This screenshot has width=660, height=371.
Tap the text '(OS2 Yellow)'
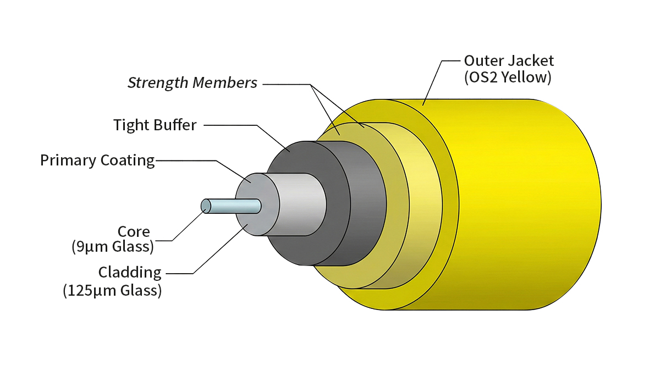[x=508, y=77]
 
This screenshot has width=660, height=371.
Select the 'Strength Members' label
[x=193, y=83]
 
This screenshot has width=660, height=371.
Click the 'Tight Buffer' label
[x=155, y=125]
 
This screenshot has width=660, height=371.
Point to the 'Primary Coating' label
[x=97, y=160]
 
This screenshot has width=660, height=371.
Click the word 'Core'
[x=134, y=231]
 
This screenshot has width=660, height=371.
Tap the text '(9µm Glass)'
[x=113, y=247]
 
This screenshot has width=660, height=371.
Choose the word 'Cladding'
[x=130, y=272]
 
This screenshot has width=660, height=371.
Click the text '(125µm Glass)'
[x=112, y=290]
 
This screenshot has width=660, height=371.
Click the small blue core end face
[x=206, y=206]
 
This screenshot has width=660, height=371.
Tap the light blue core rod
[x=234, y=206]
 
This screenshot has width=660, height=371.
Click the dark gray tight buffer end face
[x=286, y=165]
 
